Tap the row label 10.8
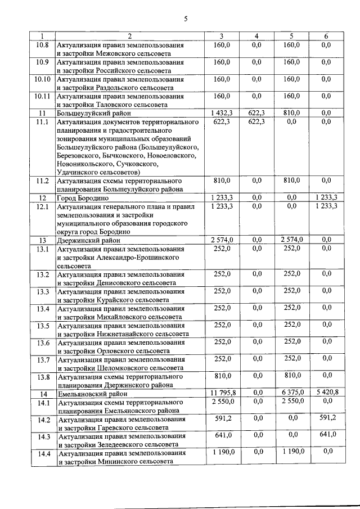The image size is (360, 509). (x=43, y=45)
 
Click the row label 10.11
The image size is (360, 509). (x=43, y=96)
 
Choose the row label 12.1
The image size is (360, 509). (x=43, y=207)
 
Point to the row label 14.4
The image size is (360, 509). (x=43, y=453)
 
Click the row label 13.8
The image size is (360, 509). (x=43, y=377)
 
